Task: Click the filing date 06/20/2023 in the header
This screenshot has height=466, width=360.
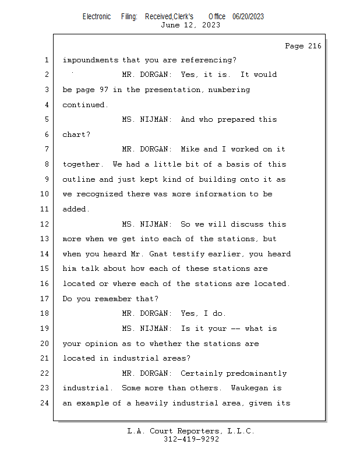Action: tap(248, 17)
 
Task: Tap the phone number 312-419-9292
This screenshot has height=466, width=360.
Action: tap(191, 439)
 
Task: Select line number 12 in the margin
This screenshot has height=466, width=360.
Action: tap(45, 224)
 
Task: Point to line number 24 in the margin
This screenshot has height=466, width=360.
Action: tap(45, 403)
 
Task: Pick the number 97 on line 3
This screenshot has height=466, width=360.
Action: tap(104, 90)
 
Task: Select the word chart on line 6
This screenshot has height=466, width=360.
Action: tap(74, 135)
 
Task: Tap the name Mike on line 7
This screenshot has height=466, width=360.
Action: tap(190, 149)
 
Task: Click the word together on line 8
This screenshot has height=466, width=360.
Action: tap(81, 164)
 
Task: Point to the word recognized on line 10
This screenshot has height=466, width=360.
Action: tap(100, 195)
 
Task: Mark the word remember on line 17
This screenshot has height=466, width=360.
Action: tap(113, 299)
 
